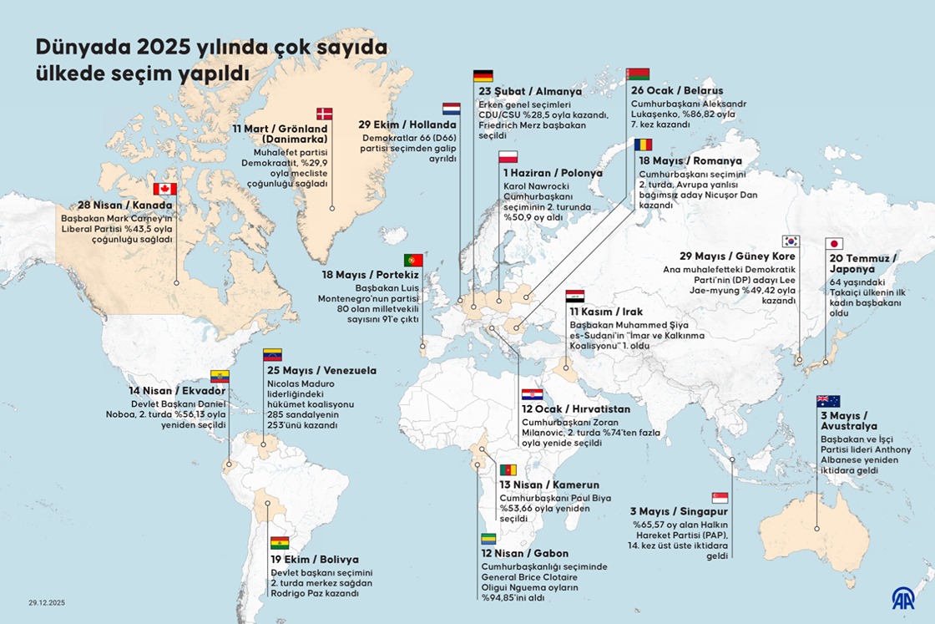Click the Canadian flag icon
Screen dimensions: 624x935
coord(164,189)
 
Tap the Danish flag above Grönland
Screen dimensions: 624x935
coord(324,114)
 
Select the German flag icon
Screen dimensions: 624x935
coord(483,76)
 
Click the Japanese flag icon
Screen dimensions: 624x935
coord(833,244)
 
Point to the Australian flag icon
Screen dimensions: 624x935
coord(828,401)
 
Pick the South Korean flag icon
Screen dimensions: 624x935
coord(791,241)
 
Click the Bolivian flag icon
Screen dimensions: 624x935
coord(280,543)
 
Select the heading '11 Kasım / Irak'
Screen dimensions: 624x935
coord(605,312)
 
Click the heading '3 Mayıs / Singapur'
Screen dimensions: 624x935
coord(680,511)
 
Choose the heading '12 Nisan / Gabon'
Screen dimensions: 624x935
coord(524,554)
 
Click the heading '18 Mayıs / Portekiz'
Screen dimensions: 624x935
coord(370,274)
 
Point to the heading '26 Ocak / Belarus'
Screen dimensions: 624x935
coord(676,90)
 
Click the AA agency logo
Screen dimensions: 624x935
coord(902,597)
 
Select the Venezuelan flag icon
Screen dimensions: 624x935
coord(272,355)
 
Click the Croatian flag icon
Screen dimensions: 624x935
coord(532,394)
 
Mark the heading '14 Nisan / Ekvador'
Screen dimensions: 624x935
coord(177,391)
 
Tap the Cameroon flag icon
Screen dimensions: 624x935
coord(508,470)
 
